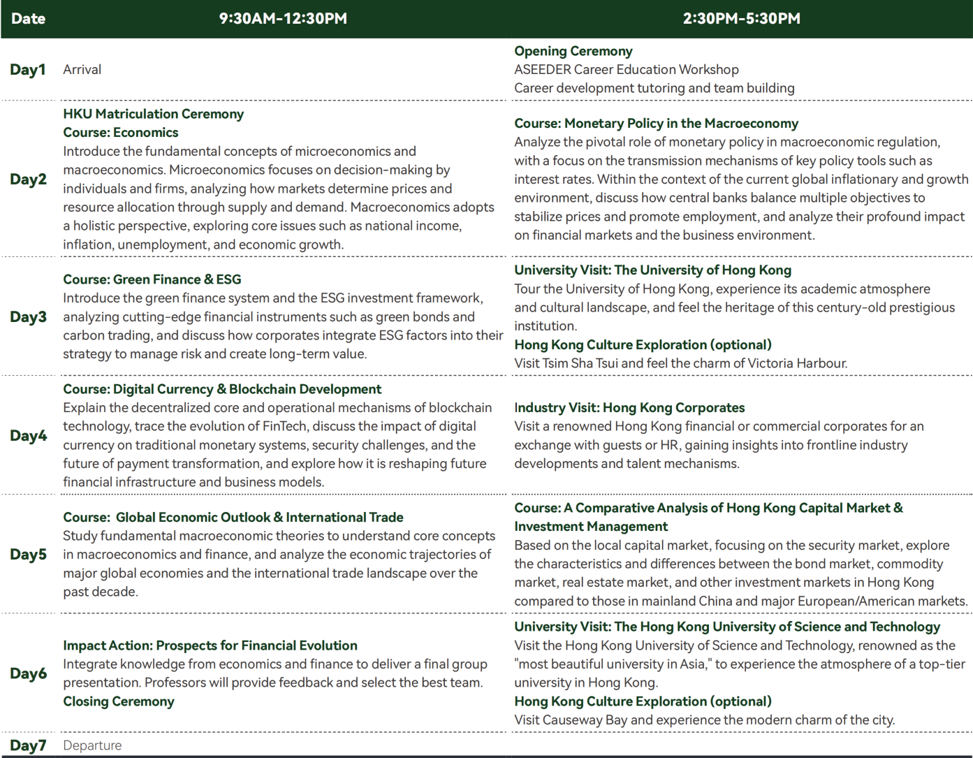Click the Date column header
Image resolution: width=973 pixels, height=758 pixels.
click(28, 19)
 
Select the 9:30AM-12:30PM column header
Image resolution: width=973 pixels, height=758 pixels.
click(283, 19)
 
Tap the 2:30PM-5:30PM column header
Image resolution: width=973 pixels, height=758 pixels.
click(741, 19)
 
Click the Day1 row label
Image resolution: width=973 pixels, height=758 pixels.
click(28, 69)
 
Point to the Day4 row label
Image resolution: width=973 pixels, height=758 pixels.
click(28, 435)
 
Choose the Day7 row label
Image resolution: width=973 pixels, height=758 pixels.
click(28, 745)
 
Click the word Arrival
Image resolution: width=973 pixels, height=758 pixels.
click(82, 69)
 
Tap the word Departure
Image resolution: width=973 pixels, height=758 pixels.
click(92, 745)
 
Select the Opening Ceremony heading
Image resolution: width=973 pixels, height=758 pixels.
click(573, 51)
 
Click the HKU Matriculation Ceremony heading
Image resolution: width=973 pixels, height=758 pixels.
click(153, 114)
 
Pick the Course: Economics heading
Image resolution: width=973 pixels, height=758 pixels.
click(120, 132)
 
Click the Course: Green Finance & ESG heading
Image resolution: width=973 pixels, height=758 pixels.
click(152, 279)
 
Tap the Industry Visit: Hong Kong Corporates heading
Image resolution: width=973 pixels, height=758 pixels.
click(629, 407)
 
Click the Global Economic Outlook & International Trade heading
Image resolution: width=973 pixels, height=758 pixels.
click(259, 517)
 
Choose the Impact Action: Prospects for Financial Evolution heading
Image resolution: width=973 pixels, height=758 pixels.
click(210, 646)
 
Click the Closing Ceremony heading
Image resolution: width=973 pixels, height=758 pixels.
click(118, 701)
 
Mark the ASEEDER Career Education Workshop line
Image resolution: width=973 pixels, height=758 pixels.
click(626, 69)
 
